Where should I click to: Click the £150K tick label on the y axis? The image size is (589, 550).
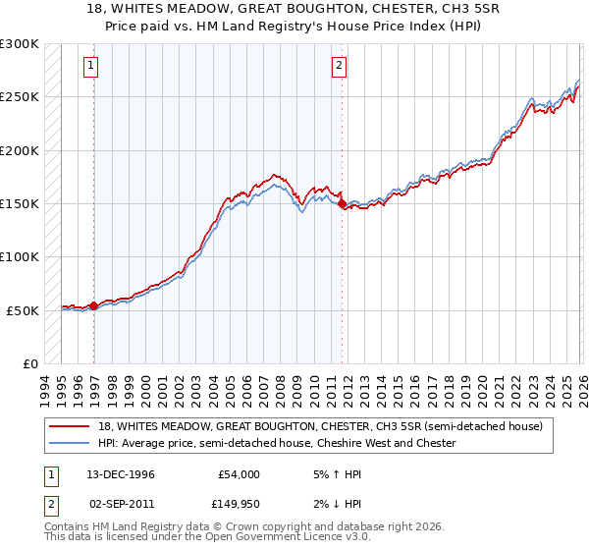20,204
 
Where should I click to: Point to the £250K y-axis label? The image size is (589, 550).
20,97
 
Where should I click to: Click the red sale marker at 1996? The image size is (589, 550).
94,306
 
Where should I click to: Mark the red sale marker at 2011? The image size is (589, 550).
342,204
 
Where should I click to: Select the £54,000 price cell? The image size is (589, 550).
239,473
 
